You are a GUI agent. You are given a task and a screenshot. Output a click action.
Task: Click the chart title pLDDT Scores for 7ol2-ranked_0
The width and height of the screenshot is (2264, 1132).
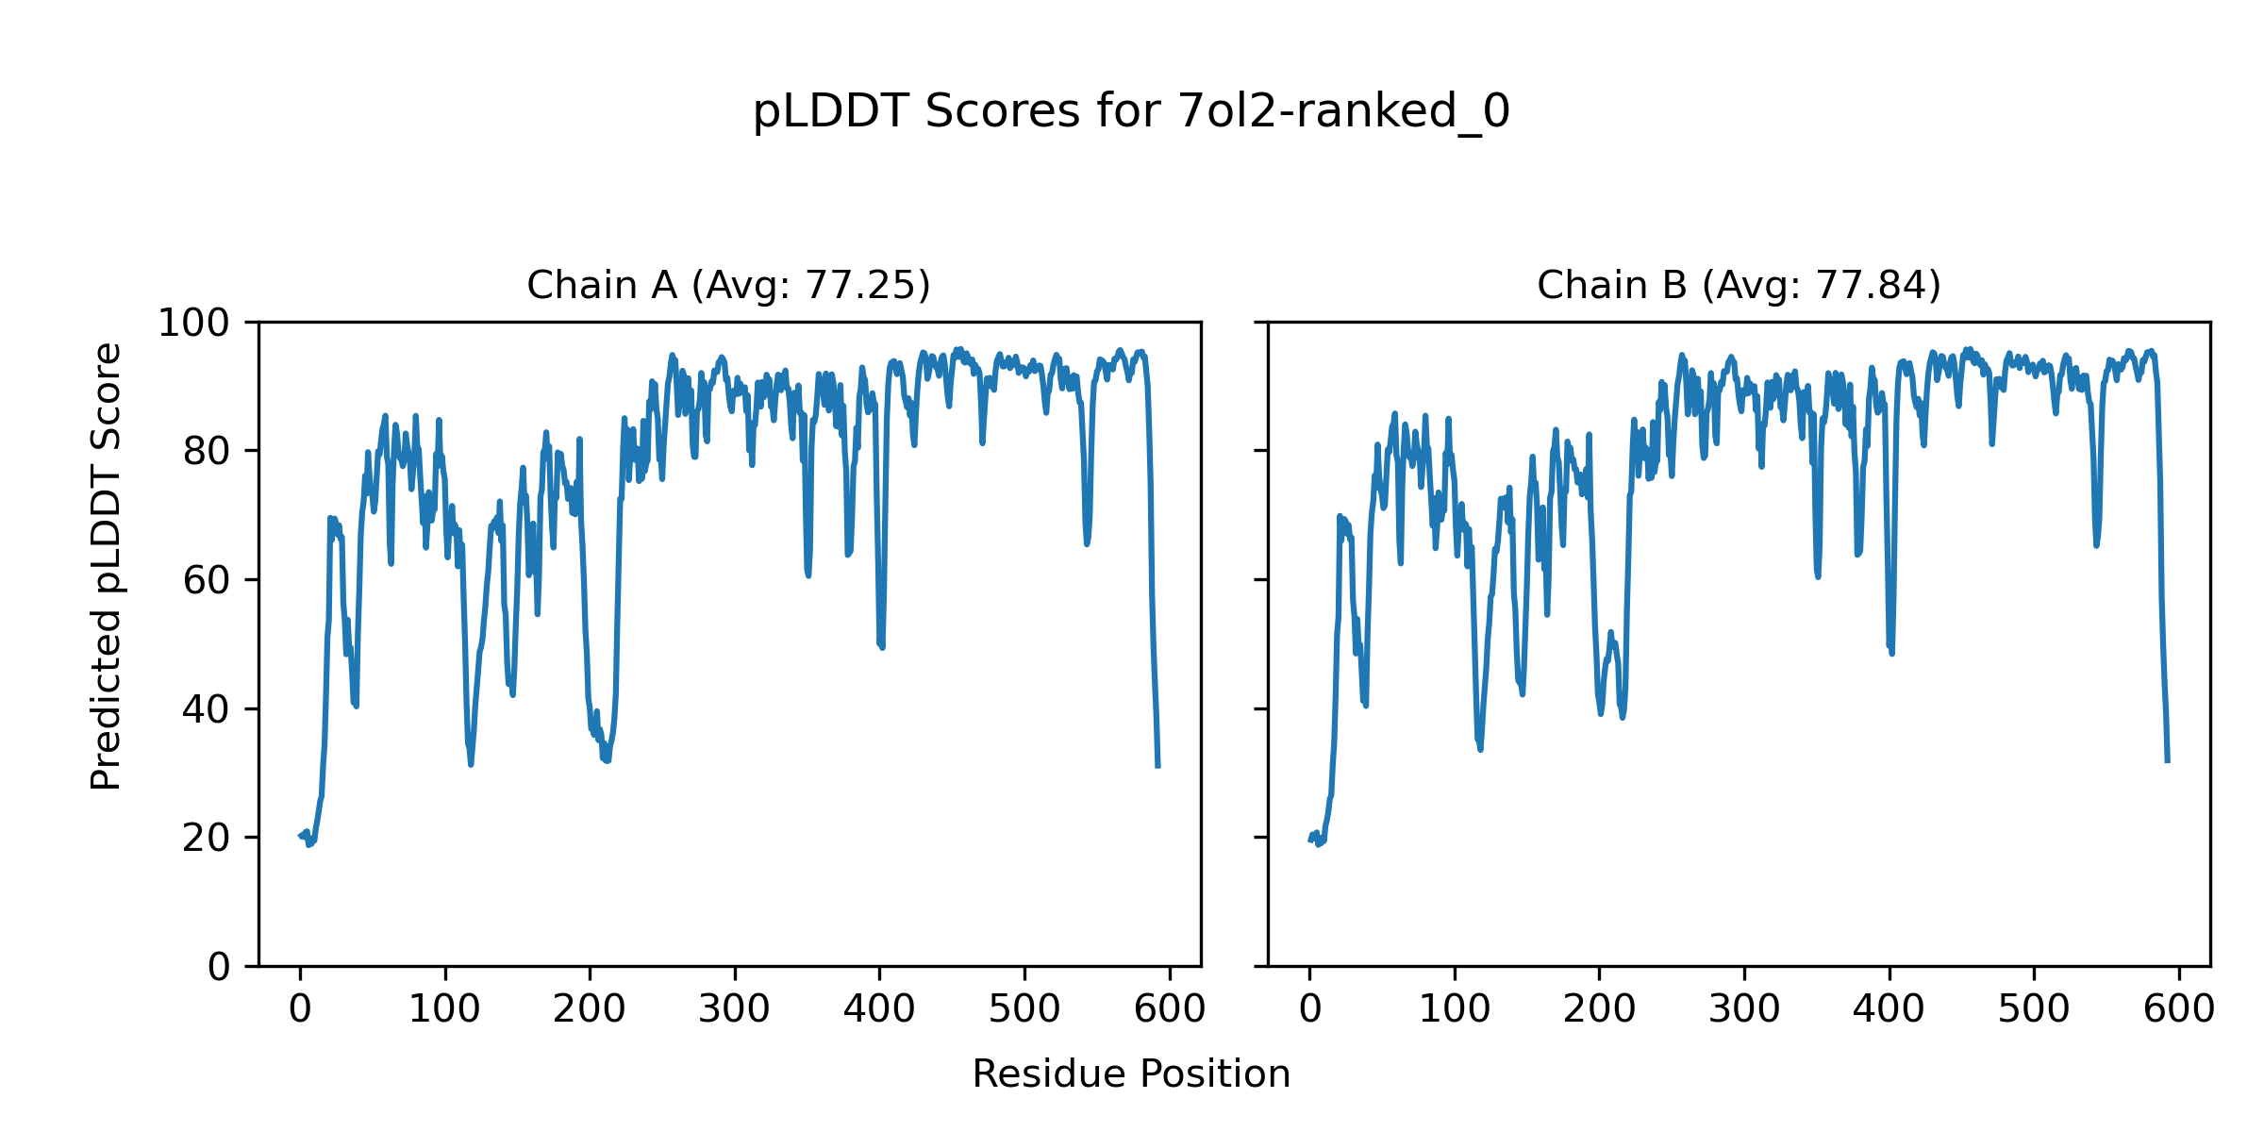pos(1131,112)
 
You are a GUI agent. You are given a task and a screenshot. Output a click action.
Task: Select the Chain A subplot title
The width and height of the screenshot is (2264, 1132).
pos(728,285)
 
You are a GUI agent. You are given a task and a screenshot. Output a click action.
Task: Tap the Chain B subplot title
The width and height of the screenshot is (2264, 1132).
pos(1739,285)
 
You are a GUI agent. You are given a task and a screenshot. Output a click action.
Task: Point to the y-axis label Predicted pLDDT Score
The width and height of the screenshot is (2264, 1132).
pos(107,566)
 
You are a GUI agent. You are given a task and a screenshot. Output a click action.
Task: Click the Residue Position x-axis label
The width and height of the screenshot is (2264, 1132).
pos(1131,1074)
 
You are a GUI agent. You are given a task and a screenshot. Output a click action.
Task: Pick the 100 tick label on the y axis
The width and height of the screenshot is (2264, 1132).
pos(193,324)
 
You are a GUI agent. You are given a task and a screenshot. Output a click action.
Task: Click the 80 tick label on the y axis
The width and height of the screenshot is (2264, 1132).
pos(207,452)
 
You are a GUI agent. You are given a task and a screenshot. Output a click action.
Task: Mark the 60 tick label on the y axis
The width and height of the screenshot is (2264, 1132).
pos(207,580)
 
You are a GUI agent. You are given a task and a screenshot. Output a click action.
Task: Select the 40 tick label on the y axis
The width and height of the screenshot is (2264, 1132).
pos(207,709)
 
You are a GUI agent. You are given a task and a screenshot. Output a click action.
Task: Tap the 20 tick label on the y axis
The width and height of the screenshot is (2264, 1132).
pos(207,838)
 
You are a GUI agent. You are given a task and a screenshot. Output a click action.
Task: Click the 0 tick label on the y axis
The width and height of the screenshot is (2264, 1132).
pos(219,967)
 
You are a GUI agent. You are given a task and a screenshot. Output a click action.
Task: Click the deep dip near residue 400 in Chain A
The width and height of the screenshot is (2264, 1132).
pos(881,645)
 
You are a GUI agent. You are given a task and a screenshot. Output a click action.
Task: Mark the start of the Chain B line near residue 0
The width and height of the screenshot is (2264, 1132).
pos(1310,840)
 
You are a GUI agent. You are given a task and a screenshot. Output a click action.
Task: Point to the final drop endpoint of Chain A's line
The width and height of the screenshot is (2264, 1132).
pos(1157,766)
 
